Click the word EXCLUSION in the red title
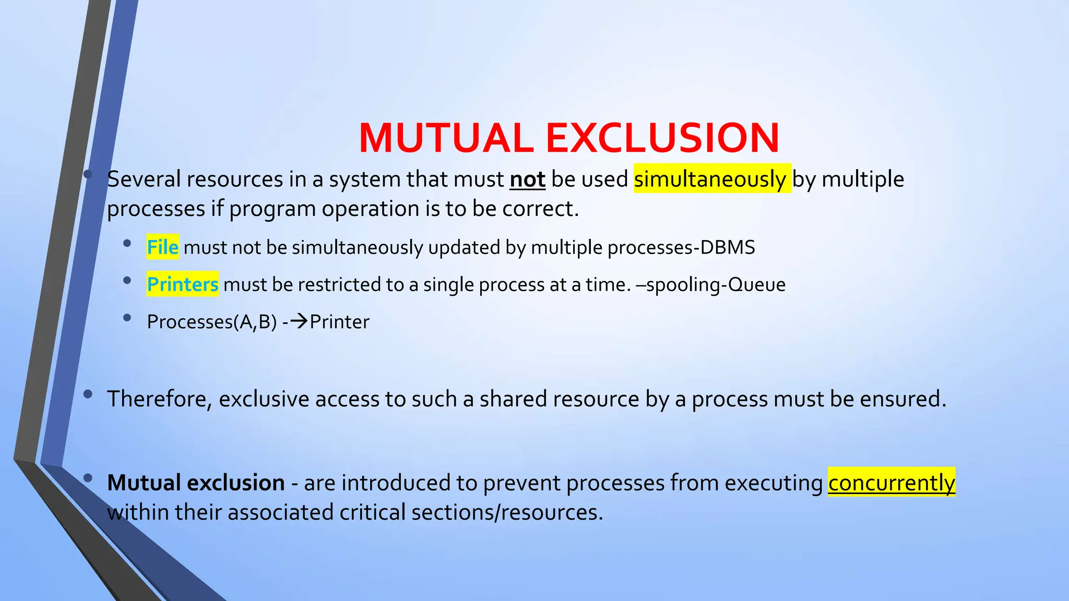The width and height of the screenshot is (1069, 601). [662, 138]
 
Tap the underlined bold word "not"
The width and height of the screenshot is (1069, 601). [527, 179]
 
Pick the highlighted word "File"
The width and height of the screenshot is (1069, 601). [163, 247]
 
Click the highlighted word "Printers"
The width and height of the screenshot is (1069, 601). [183, 284]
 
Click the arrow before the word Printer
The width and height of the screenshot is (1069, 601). [299, 321]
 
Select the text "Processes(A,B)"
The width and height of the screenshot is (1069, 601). [212, 322]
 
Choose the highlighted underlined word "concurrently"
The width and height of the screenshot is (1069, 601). [892, 483]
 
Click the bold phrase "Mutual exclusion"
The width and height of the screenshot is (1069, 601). [196, 483]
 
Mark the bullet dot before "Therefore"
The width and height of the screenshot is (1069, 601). [88, 394]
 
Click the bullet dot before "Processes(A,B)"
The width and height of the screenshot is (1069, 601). [127, 317]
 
